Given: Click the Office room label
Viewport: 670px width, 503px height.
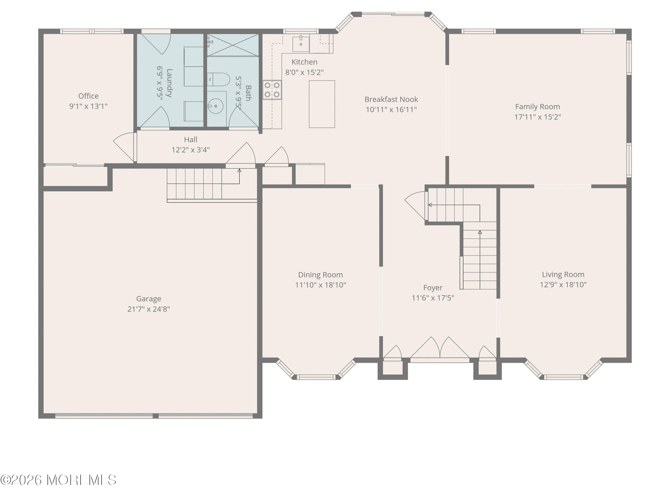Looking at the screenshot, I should point(88,96).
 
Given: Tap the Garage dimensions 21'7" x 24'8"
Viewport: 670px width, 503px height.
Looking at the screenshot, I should point(149,309).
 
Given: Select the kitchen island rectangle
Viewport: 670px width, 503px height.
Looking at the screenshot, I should point(322,104).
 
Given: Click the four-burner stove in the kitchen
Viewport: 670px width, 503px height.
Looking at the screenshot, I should point(272,90).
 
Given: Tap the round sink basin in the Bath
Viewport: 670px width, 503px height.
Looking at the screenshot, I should point(216,106).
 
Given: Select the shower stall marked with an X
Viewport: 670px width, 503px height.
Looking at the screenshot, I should point(233,45).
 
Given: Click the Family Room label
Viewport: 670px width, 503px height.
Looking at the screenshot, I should point(537,107).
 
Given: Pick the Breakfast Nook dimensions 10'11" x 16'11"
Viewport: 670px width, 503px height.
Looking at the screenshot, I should point(391,110).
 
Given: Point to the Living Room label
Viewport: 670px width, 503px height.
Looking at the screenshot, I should point(563,274).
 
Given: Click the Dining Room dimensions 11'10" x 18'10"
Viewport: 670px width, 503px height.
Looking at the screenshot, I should point(320,285).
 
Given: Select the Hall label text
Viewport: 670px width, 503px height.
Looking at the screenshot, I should point(191,140).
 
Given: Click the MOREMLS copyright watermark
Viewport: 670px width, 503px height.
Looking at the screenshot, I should point(58,480).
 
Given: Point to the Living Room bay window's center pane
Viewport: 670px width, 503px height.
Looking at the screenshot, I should point(563,377).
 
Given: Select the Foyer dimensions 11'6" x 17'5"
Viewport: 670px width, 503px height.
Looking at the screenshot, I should point(433,298).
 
